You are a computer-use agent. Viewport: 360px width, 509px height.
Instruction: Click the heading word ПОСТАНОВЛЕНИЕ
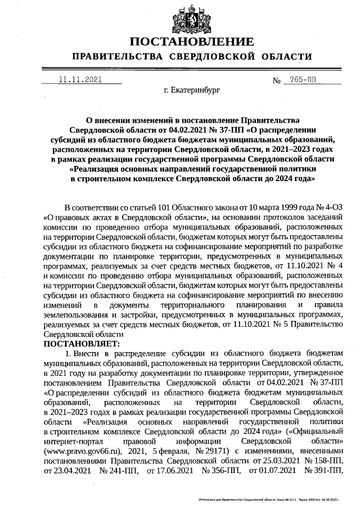pyautogui.click(x=191, y=42)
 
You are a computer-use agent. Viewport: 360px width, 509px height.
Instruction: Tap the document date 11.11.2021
pyautogui.click(x=80, y=80)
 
